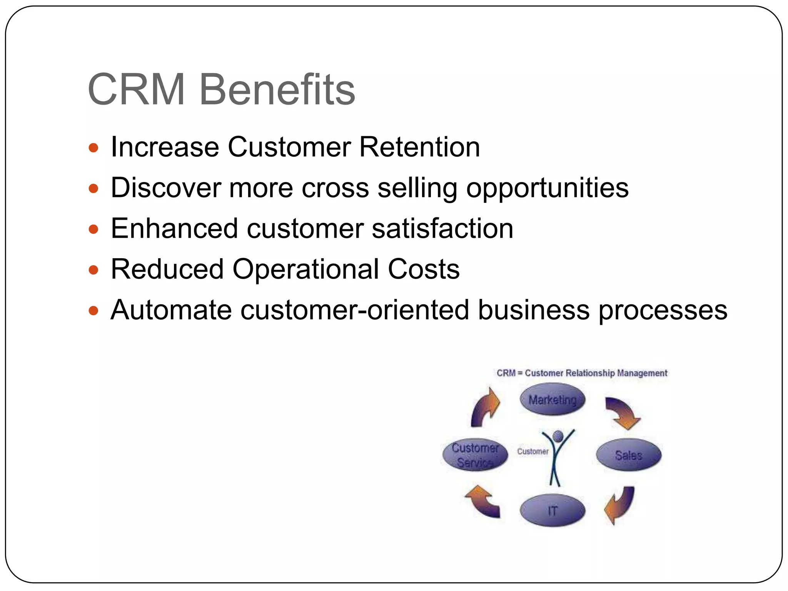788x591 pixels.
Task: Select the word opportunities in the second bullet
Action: pos(547,189)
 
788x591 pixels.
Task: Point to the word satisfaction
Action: pos(442,229)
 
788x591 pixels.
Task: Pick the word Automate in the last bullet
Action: pos(171,310)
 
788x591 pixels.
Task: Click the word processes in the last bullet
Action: pos(663,311)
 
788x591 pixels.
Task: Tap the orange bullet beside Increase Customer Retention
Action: pos(93,148)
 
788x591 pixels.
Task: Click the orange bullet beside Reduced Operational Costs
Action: pos(93,270)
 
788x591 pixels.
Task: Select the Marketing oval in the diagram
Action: pos(552,399)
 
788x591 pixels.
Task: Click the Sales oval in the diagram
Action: pos(628,455)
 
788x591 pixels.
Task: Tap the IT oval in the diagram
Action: pos(552,511)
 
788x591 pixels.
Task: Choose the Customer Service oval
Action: pos(475,455)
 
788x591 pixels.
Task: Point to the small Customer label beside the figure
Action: pos(533,451)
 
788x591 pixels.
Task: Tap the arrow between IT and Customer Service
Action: pos(483,501)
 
